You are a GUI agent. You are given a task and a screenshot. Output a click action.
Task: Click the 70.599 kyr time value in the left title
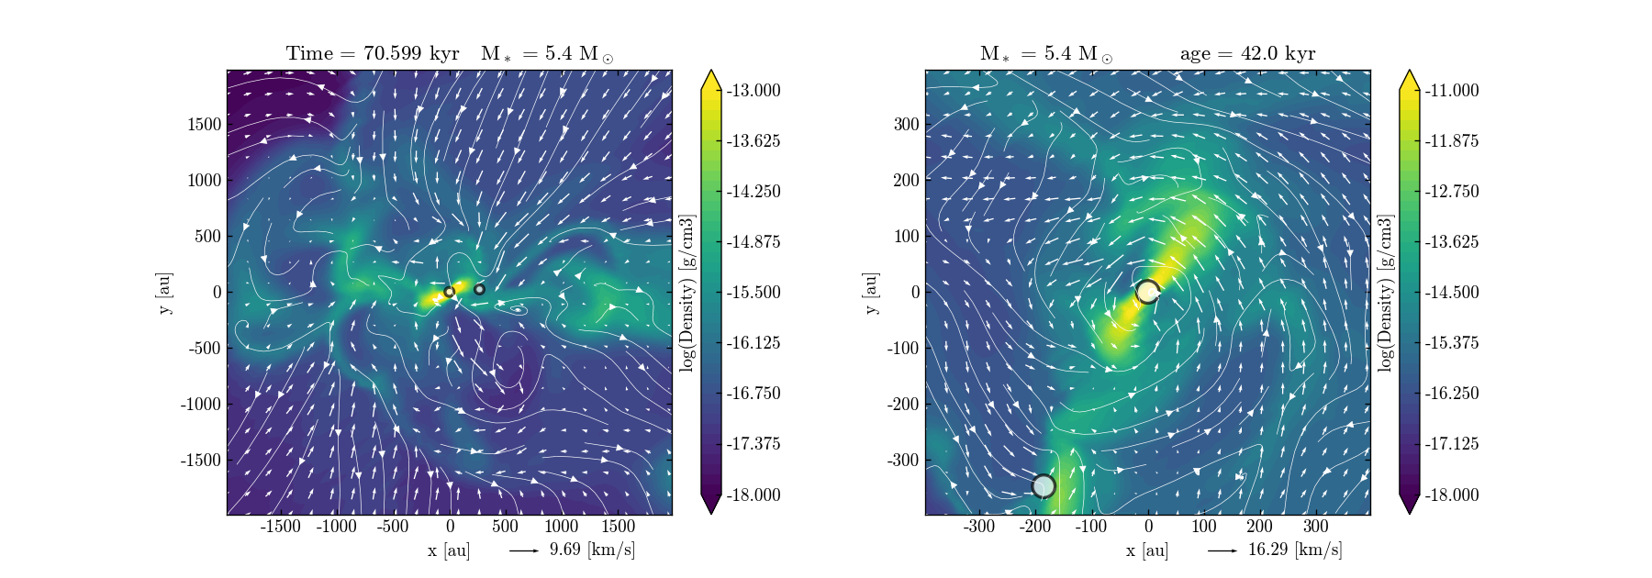point(411,53)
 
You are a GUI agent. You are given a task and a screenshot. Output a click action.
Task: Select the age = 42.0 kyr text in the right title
point(1247,53)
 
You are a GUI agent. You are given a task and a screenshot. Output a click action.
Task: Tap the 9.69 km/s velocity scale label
point(592,550)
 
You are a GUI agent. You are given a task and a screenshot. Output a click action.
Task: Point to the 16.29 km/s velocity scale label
point(1294,550)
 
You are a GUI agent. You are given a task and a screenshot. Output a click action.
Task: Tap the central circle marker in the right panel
point(1148,292)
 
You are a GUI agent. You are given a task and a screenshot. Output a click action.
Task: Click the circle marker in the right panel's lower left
point(1044,485)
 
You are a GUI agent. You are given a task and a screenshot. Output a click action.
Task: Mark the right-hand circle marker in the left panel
point(479,289)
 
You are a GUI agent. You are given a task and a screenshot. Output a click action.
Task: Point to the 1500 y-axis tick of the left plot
point(205,124)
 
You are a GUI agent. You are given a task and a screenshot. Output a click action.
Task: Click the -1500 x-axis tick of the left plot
point(281,526)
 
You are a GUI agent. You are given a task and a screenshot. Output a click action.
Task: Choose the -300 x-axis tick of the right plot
point(979,526)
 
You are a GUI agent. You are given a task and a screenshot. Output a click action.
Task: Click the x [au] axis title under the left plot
point(449,550)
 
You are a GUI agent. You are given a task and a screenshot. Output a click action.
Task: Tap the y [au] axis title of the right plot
point(871,292)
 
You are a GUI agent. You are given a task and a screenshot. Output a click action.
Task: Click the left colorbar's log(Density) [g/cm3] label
point(687,292)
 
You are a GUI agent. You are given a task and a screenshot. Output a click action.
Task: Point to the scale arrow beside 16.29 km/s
point(1222,550)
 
